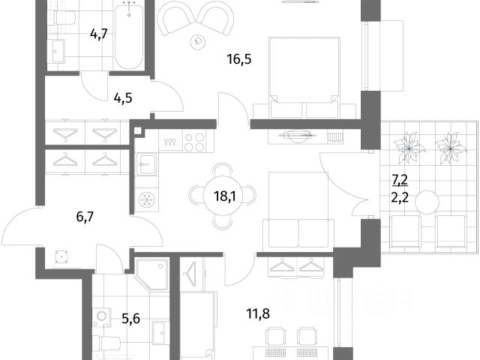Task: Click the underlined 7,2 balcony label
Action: click(x=399, y=180)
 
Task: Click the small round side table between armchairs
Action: click(x=198, y=41)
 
